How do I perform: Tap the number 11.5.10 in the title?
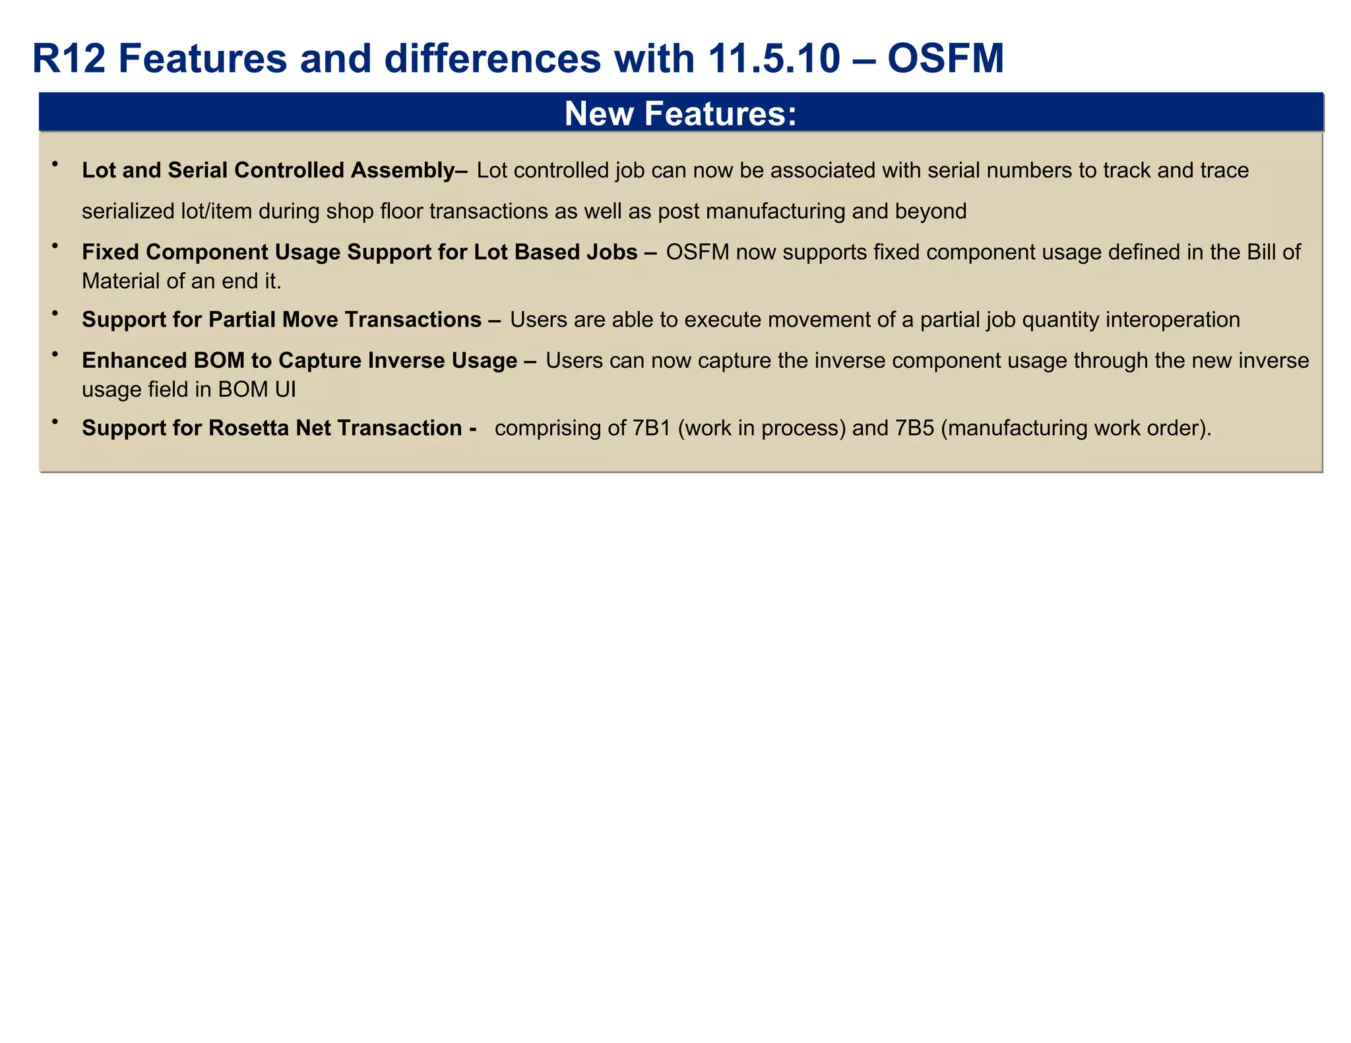(774, 59)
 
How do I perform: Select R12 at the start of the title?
(69, 59)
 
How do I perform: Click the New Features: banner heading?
(681, 113)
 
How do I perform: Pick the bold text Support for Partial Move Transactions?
(282, 320)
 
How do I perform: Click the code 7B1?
(651, 429)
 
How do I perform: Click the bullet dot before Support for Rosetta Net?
(55, 421)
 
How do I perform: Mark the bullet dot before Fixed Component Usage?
(55, 245)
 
